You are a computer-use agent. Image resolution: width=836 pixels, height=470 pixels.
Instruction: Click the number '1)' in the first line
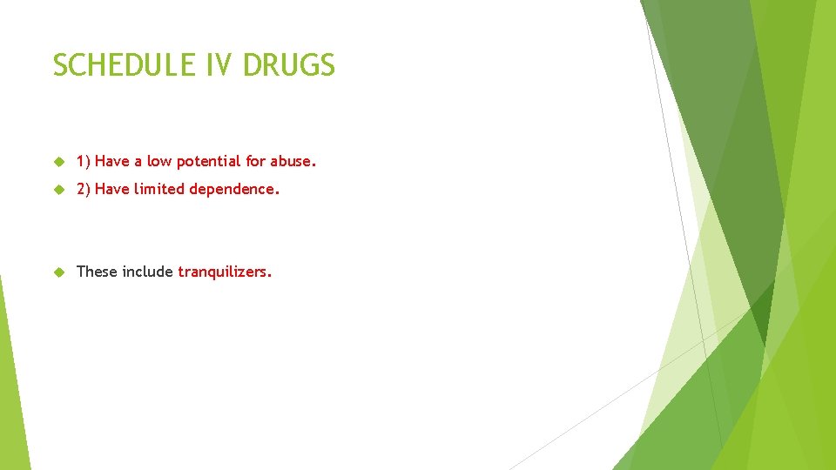click(x=84, y=161)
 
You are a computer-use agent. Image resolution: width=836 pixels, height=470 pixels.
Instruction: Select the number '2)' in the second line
click(x=84, y=189)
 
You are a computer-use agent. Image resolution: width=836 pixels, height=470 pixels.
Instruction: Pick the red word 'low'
click(x=159, y=161)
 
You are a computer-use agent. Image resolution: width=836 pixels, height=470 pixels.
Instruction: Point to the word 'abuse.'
click(x=293, y=161)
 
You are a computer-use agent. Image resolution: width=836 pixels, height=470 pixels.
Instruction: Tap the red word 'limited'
click(x=156, y=189)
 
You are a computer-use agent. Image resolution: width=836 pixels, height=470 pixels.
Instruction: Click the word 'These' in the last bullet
click(x=97, y=272)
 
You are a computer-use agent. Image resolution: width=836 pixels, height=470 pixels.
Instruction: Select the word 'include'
click(x=147, y=272)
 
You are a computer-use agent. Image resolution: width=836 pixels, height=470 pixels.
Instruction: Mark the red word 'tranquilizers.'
click(x=225, y=272)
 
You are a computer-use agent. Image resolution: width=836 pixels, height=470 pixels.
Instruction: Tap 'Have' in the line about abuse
click(x=111, y=161)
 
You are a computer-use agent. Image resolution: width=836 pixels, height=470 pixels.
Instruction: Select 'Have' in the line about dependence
click(x=111, y=189)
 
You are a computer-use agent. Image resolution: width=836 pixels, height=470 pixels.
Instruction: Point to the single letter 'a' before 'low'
click(x=138, y=162)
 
